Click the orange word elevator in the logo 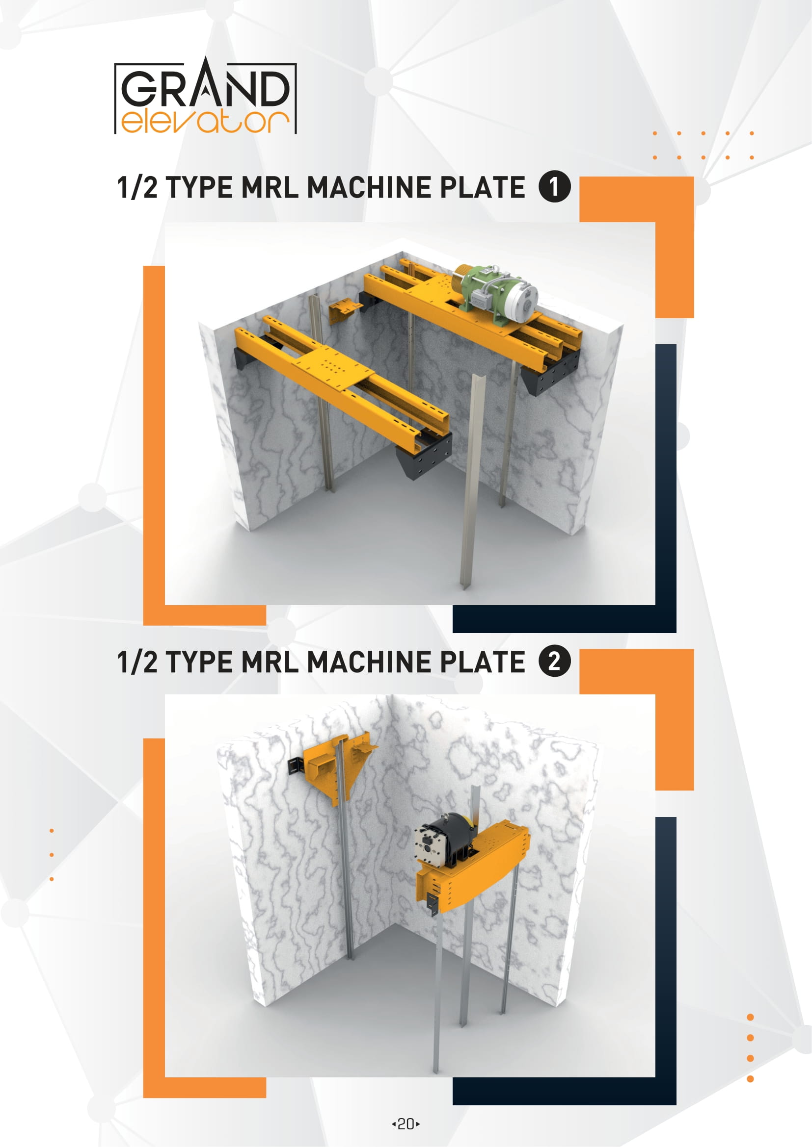tap(205, 122)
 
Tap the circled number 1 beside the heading tap(554, 186)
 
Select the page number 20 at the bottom tap(406, 1124)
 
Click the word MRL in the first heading tap(270, 187)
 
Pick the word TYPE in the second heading tap(199, 662)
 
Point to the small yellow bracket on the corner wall tap(344, 310)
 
